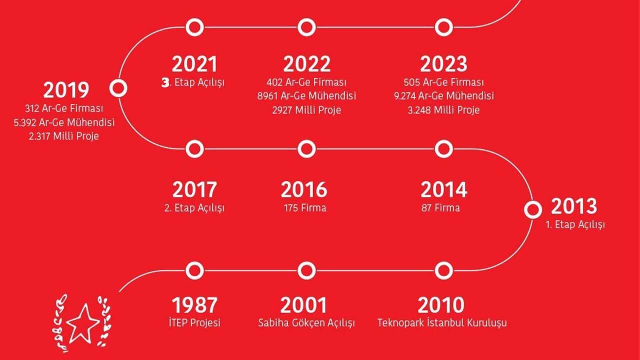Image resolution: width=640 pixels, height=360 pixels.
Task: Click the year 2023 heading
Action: tap(443, 64)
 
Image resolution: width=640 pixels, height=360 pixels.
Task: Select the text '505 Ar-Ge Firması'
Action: tap(443, 82)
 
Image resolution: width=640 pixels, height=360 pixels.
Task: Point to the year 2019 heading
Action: tap(66, 90)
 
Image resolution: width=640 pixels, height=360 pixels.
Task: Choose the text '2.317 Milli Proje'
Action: tap(63, 136)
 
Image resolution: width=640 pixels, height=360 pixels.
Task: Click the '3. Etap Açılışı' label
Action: tap(193, 82)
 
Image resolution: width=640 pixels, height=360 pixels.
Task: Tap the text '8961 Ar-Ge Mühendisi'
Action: tap(306, 95)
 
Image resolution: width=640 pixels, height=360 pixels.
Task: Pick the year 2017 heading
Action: tap(194, 189)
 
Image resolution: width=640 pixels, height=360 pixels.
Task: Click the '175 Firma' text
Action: tap(305, 207)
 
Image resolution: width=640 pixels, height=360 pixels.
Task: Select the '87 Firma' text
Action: tap(440, 207)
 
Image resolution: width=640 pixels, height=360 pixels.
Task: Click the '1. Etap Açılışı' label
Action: tap(575, 224)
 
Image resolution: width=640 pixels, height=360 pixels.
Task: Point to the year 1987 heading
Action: tap(194, 305)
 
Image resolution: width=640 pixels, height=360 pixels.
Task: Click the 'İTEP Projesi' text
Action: tap(194, 323)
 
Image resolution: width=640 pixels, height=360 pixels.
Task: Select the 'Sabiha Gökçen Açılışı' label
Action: tap(306, 323)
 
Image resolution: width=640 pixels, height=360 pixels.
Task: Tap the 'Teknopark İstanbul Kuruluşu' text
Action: tap(442, 323)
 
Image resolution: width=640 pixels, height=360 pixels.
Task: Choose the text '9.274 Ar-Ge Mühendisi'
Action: tap(443, 95)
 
